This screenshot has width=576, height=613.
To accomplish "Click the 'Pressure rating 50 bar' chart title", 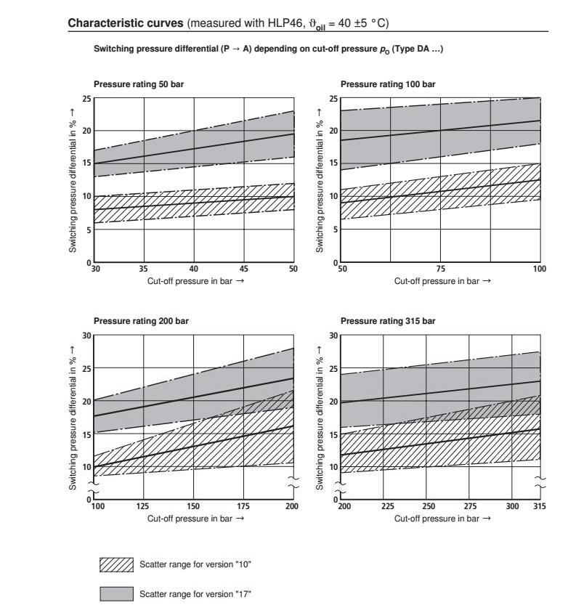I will (x=139, y=84).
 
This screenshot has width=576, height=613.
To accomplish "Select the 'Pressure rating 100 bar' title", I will (x=388, y=84).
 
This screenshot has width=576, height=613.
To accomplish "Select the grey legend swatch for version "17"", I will (x=116, y=595).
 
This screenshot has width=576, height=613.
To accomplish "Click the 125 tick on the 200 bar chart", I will (x=144, y=506).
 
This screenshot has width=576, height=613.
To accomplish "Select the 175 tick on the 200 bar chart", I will (x=243, y=506).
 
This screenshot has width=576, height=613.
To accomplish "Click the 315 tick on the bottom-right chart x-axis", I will (x=538, y=506).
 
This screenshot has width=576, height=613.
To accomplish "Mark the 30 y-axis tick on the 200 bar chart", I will (x=87, y=336).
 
